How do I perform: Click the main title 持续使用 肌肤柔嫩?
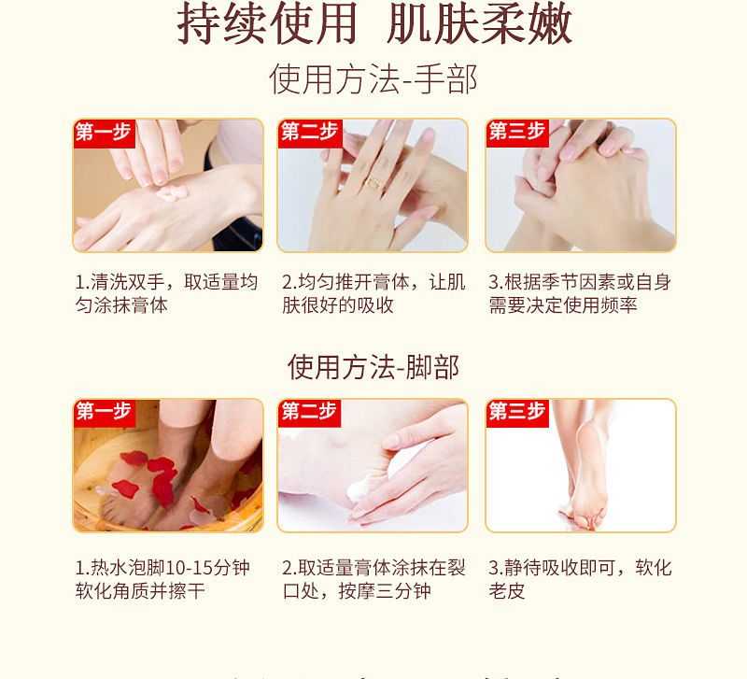374,23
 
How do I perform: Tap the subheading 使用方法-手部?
373,79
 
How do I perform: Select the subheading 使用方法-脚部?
373,367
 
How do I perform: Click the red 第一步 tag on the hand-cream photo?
104,133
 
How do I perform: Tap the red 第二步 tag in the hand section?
310,133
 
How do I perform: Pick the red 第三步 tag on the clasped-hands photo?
517,133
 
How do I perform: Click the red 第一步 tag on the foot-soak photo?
104,413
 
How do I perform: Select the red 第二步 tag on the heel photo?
310,413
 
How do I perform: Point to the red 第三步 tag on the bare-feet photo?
517,413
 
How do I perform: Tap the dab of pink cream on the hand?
172,192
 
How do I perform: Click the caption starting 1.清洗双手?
166,293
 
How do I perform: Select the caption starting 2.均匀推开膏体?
373,293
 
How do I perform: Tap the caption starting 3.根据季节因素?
580,293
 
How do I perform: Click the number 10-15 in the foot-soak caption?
190,568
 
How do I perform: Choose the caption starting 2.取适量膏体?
373,579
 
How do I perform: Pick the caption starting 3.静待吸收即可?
580,579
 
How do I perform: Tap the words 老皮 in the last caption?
506,591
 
